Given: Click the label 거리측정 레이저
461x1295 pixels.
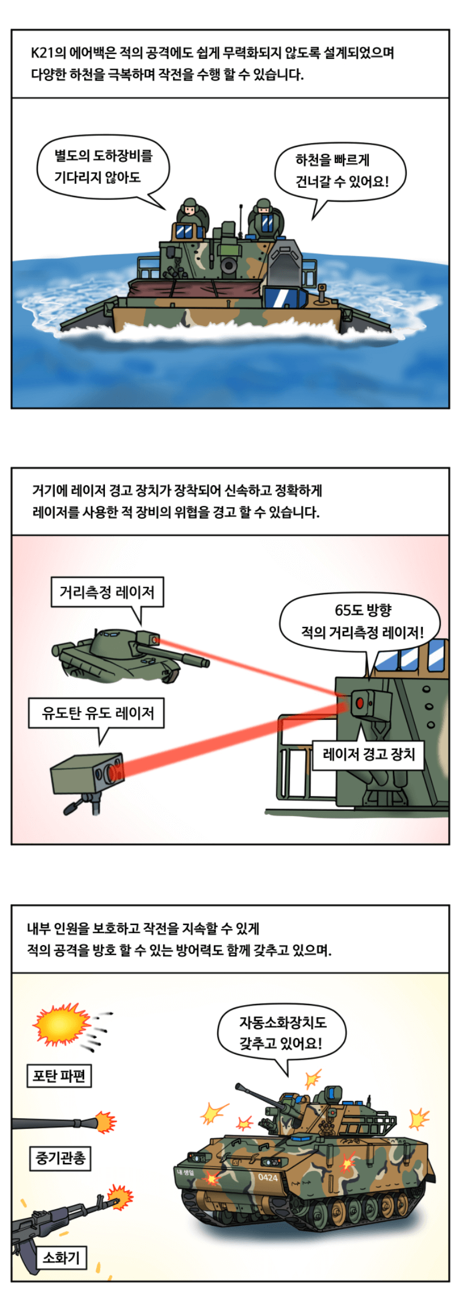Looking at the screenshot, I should click(107, 592).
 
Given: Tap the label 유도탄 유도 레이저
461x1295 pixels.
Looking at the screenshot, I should click(97, 713).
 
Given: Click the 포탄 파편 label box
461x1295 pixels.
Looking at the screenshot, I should click(59, 1075).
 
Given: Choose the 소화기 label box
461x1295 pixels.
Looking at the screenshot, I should click(61, 1257).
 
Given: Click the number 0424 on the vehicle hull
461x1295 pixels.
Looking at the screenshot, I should click(268, 1177).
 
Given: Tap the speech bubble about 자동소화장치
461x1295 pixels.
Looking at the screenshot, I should click(282, 1032).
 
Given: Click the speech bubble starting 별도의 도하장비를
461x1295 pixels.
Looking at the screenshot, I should click(103, 167).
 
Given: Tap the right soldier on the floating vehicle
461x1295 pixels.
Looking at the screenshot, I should click(264, 217).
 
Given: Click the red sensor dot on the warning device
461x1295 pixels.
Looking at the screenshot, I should click(360, 703).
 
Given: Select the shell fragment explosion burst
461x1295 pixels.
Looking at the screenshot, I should click(61, 1025).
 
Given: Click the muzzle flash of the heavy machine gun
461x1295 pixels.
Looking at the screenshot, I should click(105, 1122).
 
